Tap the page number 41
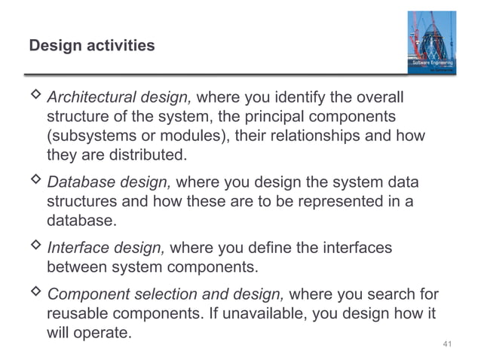(x=447, y=344)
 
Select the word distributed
(x=145, y=156)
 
